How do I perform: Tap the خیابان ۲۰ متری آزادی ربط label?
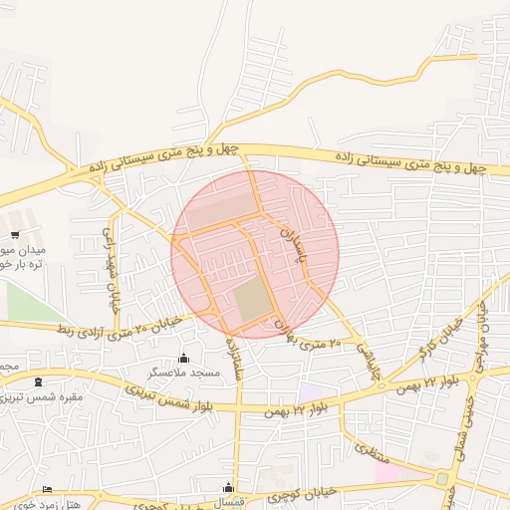click(121, 323)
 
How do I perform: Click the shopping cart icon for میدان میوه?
click(16, 235)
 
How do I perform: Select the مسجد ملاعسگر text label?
click(184, 372)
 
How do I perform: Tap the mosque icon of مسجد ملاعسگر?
click(182, 358)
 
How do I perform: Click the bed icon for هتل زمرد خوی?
click(47, 489)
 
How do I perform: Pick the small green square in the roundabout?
click(440, 480)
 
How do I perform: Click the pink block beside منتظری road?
click(390, 471)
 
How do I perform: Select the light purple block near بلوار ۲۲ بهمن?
click(312, 392)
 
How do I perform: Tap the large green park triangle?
click(25, 302)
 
